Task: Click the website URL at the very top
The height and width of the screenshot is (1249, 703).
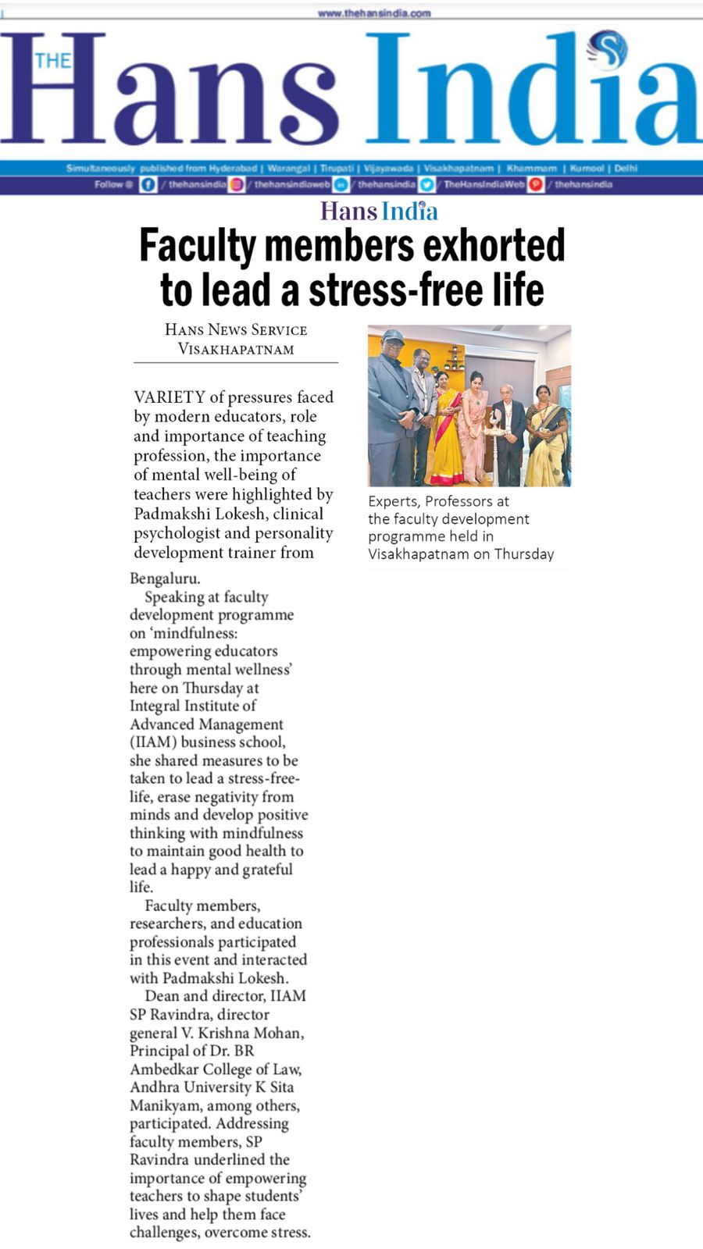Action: coord(374,13)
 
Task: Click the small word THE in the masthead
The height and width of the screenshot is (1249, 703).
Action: coord(52,61)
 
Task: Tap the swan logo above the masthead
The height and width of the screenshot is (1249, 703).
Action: coord(608,48)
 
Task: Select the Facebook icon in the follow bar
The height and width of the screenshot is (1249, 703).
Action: coord(148,185)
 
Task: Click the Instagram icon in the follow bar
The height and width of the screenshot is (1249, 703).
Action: coord(237,185)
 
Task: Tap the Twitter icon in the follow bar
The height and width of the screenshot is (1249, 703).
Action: coord(427,185)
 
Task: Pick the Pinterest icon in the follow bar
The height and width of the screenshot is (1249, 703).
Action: coord(536,185)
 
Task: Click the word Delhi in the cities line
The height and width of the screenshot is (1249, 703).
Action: coord(626,168)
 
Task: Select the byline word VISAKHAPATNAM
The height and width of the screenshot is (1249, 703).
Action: coord(236,349)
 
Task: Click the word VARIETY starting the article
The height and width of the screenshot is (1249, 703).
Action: coord(170,397)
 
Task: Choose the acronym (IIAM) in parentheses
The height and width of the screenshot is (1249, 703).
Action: coord(153,742)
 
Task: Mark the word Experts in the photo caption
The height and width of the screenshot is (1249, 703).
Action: coord(393,501)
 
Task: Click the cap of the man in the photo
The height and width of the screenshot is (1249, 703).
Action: coord(393,336)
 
